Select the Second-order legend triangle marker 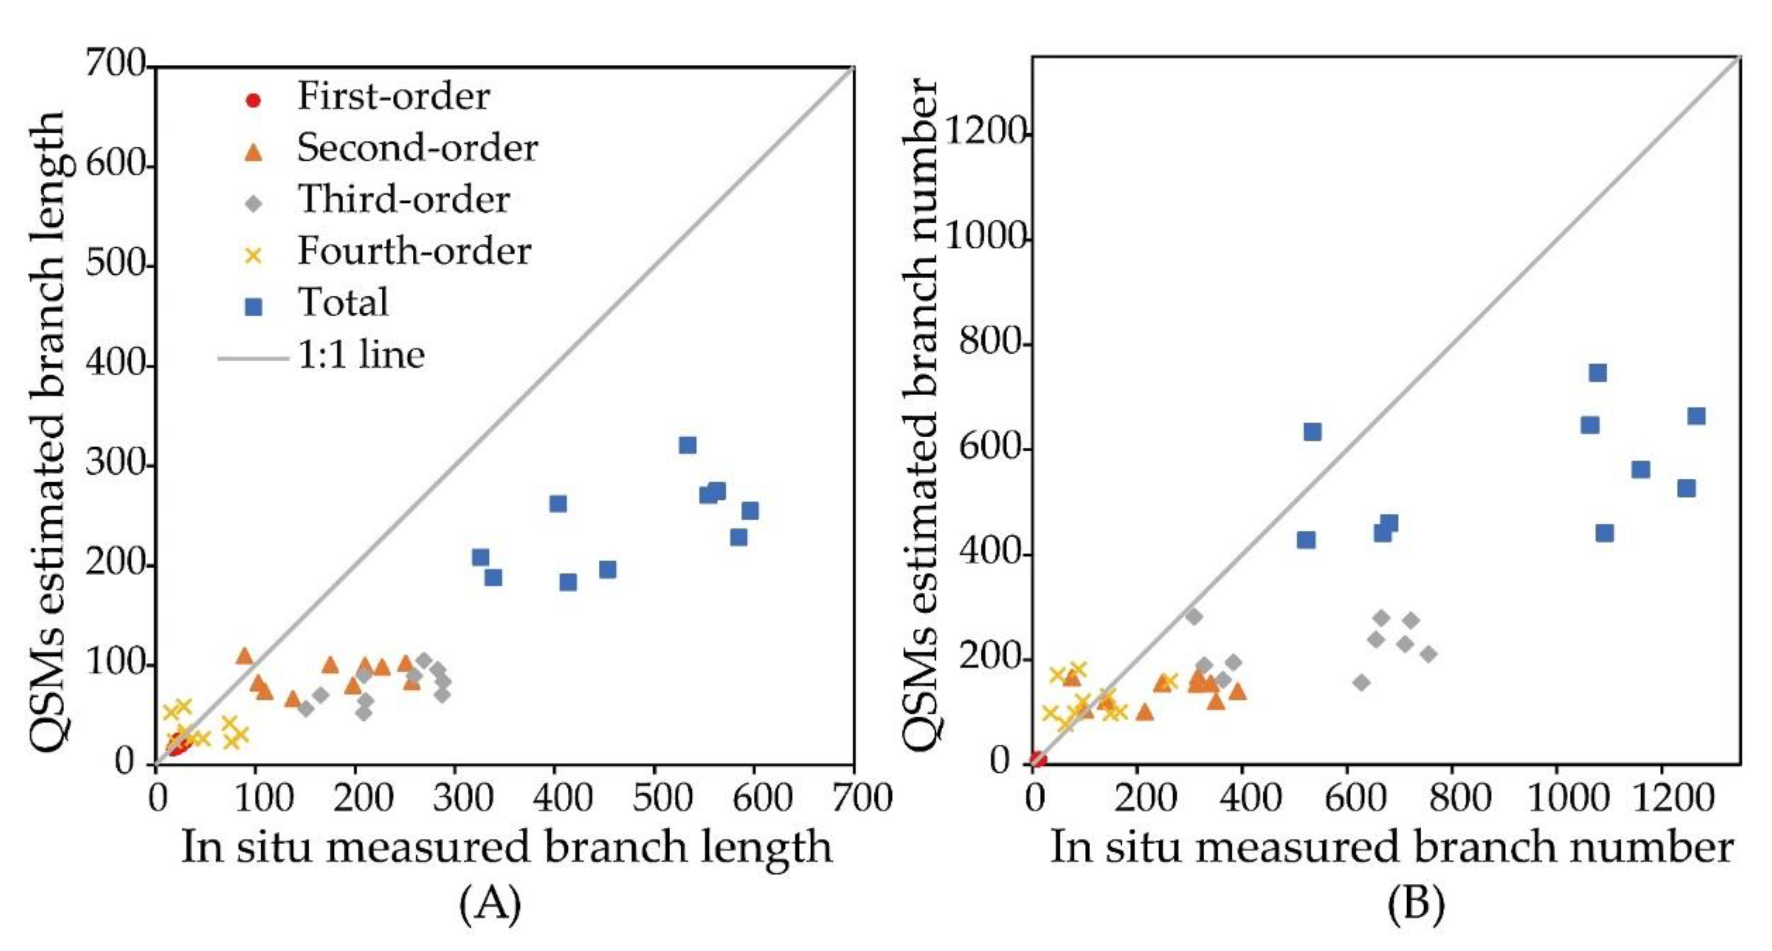(254, 151)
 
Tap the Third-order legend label (403, 199)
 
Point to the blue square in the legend (254, 307)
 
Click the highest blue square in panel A (687, 445)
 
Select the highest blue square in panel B (1597, 373)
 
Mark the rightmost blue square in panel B (1697, 415)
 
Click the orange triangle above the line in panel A (245, 655)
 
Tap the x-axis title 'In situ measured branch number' (1391, 847)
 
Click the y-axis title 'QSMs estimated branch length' (48, 433)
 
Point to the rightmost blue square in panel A (750, 510)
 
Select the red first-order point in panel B (1037, 759)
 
